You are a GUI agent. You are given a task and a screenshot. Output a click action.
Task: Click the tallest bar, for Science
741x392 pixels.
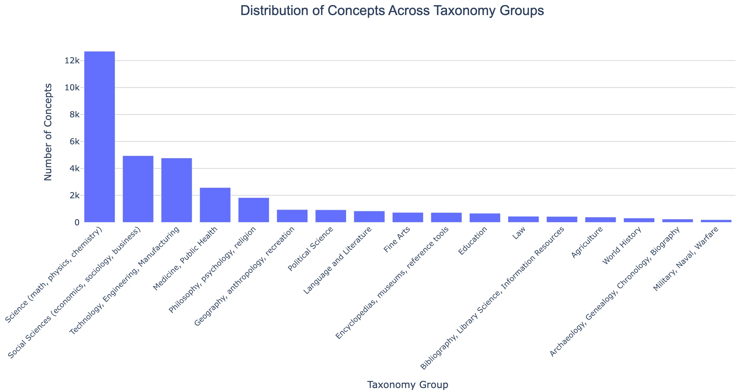pyautogui.click(x=100, y=137)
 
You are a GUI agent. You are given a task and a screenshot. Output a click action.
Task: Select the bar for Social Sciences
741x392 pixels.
pyautogui.click(x=138, y=189)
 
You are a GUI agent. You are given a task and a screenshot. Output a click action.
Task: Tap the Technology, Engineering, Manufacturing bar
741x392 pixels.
pyautogui.click(x=177, y=190)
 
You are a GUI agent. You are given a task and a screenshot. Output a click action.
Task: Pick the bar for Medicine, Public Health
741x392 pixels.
pyautogui.click(x=215, y=205)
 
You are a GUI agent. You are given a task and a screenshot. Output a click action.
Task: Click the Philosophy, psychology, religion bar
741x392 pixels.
pyautogui.click(x=254, y=210)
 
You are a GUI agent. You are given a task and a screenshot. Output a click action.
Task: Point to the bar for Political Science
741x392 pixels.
pyautogui.click(x=331, y=216)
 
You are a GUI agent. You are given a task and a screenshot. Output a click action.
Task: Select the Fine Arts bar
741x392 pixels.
pyautogui.click(x=408, y=217)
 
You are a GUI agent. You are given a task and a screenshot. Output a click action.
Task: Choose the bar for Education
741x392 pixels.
pyautogui.click(x=485, y=218)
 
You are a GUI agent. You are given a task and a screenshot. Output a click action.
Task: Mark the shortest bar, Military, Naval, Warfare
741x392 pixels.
pyautogui.click(x=716, y=221)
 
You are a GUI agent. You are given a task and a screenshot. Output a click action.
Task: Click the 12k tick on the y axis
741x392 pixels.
pyautogui.click(x=72, y=61)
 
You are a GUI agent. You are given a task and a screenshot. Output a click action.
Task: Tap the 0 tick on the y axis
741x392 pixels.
pyautogui.click(x=77, y=222)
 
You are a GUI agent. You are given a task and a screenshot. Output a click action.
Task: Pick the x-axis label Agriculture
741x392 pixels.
pyautogui.click(x=587, y=243)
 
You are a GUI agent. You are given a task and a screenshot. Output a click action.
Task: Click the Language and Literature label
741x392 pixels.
pyautogui.click(x=338, y=260)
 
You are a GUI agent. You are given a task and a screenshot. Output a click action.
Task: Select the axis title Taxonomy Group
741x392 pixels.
pyautogui.click(x=408, y=385)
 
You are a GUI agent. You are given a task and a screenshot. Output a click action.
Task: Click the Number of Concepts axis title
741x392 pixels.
pyautogui.click(x=48, y=132)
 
